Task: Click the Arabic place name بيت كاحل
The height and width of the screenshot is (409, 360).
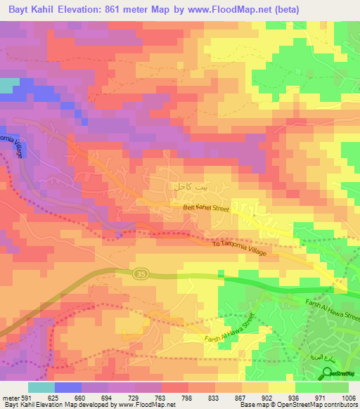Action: pyautogui.click(x=191, y=188)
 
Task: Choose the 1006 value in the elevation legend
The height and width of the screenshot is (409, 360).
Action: pyautogui.click(x=348, y=396)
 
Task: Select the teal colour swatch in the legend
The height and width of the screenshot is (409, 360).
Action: pyautogui.click(x=41, y=387)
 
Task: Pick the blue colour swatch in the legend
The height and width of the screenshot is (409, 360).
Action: pyautogui.click(x=67, y=387)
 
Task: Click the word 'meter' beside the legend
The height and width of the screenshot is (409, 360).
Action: pyautogui.click(x=8, y=396)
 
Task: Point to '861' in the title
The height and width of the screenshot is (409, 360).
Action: pyautogui.click(x=116, y=10)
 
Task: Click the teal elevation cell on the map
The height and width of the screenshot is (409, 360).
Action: pyautogui.click(x=8, y=86)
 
